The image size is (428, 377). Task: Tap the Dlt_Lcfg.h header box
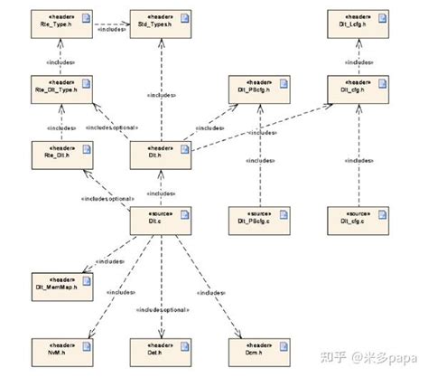[358, 23]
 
